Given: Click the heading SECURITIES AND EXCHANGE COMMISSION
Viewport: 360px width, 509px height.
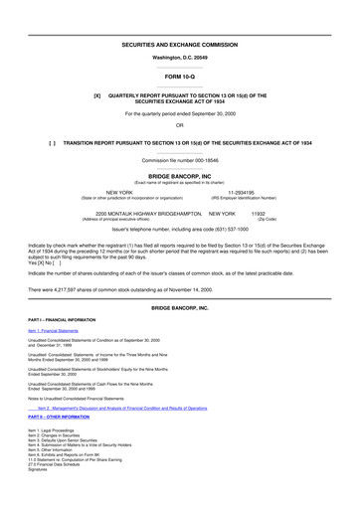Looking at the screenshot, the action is pyautogui.click(x=180, y=46).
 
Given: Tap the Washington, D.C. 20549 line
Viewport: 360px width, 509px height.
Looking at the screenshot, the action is pyautogui.click(x=180, y=60).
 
